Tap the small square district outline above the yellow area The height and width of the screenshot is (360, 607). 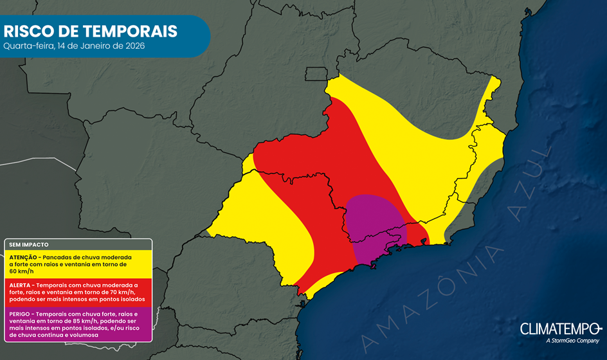pyautogui.click(x=315, y=74)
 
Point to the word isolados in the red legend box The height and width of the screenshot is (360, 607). pyautogui.click(x=127, y=299)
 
